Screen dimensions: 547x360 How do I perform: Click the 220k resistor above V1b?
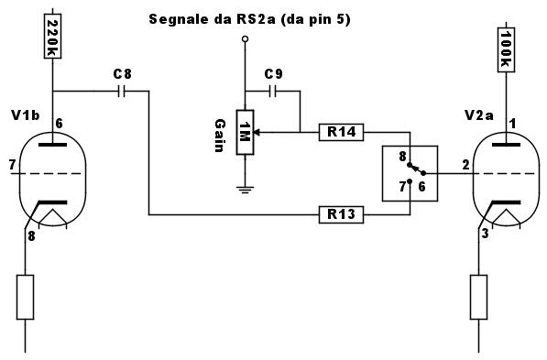pos(52,36)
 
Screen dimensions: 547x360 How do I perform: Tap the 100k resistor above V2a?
pos(506,49)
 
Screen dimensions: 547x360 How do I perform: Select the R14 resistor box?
pos(341,132)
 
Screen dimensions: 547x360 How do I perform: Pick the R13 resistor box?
pos(341,214)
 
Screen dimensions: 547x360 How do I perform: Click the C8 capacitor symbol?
pos(121,92)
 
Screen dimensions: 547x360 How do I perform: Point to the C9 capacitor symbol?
pos(273,92)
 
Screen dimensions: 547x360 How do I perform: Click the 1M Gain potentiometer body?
pos(245,132)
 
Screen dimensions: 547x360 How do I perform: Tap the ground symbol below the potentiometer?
pos(245,190)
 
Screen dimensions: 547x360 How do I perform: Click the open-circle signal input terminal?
pos(246,38)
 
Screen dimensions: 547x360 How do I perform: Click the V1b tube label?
pos(26,115)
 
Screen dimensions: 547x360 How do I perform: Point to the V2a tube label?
pos(478,115)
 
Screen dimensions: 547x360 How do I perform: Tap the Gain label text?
pos(220,136)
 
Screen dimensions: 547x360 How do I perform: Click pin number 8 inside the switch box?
pos(402,157)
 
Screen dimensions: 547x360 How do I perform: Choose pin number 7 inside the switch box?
pos(402,187)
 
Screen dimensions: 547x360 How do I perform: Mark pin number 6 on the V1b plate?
pos(60,124)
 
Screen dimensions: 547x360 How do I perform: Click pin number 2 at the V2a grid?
pos(465,165)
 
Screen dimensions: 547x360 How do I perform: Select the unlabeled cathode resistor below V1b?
pos(25,297)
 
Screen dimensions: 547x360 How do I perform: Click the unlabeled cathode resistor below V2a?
pos(478,297)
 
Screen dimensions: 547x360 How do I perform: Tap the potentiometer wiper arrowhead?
pos(257,132)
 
